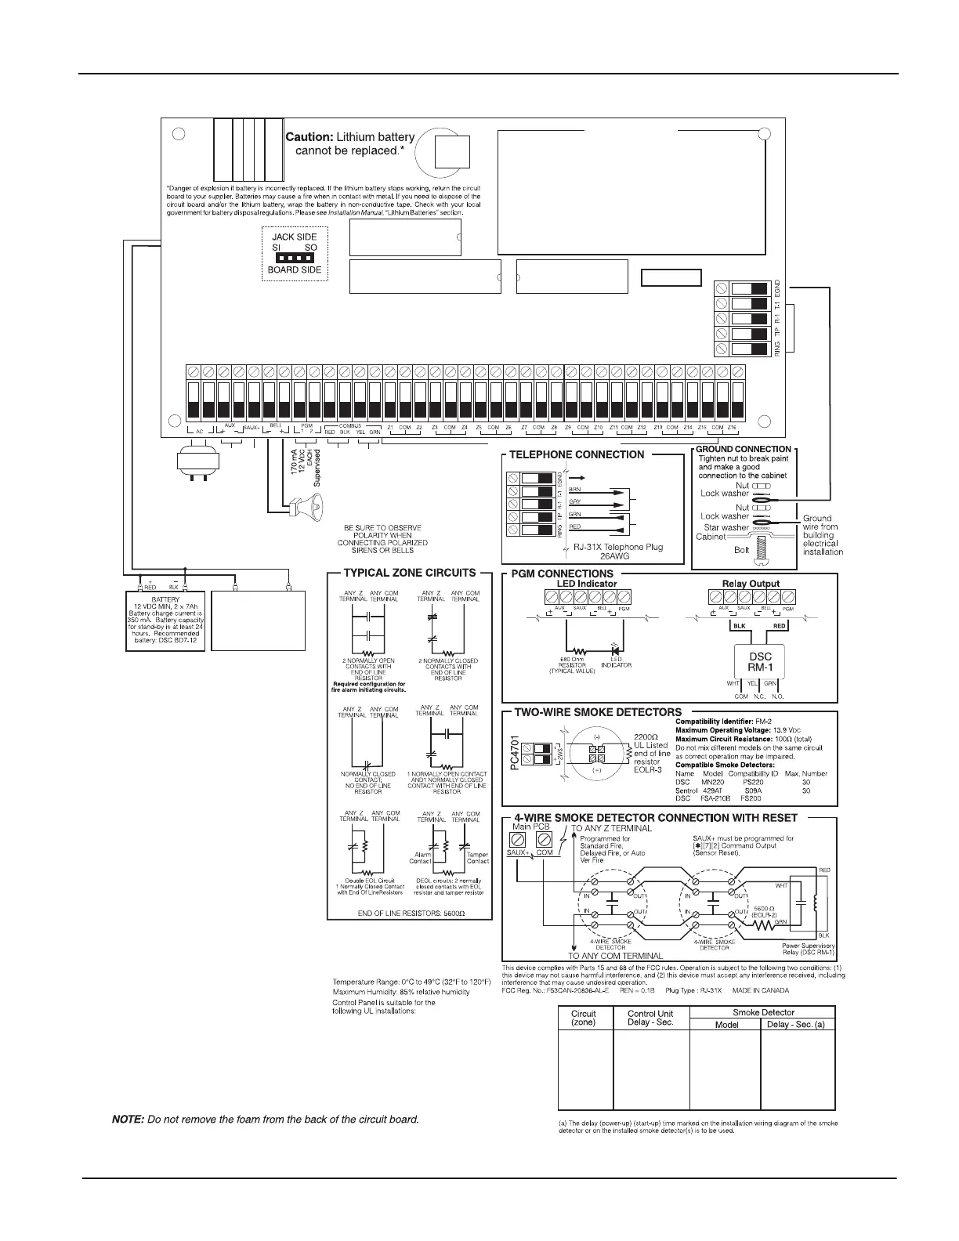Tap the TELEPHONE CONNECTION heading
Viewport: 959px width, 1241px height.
tap(577, 454)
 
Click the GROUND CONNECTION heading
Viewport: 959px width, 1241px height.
tap(744, 449)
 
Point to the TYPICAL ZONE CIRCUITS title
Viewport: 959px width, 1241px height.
tap(410, 573)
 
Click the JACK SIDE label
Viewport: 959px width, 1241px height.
tap(294, 237)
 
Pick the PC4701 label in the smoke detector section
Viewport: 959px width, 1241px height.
tap(515, 752)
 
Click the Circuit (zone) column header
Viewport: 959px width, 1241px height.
tap(583, 1018)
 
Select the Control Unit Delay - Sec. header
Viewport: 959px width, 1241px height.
tap(650, 1018)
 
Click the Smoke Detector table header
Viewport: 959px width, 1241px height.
tap(763, 1012)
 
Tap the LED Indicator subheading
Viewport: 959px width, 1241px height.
tap(586, 584)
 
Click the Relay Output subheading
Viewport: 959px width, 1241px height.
tap(751, 584)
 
